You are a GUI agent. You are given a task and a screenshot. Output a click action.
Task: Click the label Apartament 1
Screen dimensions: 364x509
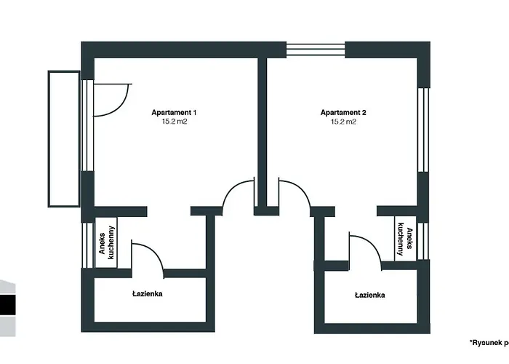point(174,112)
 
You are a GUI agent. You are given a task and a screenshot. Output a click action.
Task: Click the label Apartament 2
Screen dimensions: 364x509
point(343,112)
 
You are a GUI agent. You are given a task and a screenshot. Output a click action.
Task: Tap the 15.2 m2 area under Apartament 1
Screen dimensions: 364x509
point(174,122)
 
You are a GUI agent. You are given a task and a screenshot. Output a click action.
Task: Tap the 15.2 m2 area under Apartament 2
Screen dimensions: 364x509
point(343,122)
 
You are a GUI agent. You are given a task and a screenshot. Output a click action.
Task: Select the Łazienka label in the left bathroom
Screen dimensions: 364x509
point(148,294)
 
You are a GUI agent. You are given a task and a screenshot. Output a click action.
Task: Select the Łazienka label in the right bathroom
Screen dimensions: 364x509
point(369,295)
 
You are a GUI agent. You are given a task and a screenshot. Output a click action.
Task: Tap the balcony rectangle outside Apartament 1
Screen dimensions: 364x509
point(63,138)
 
